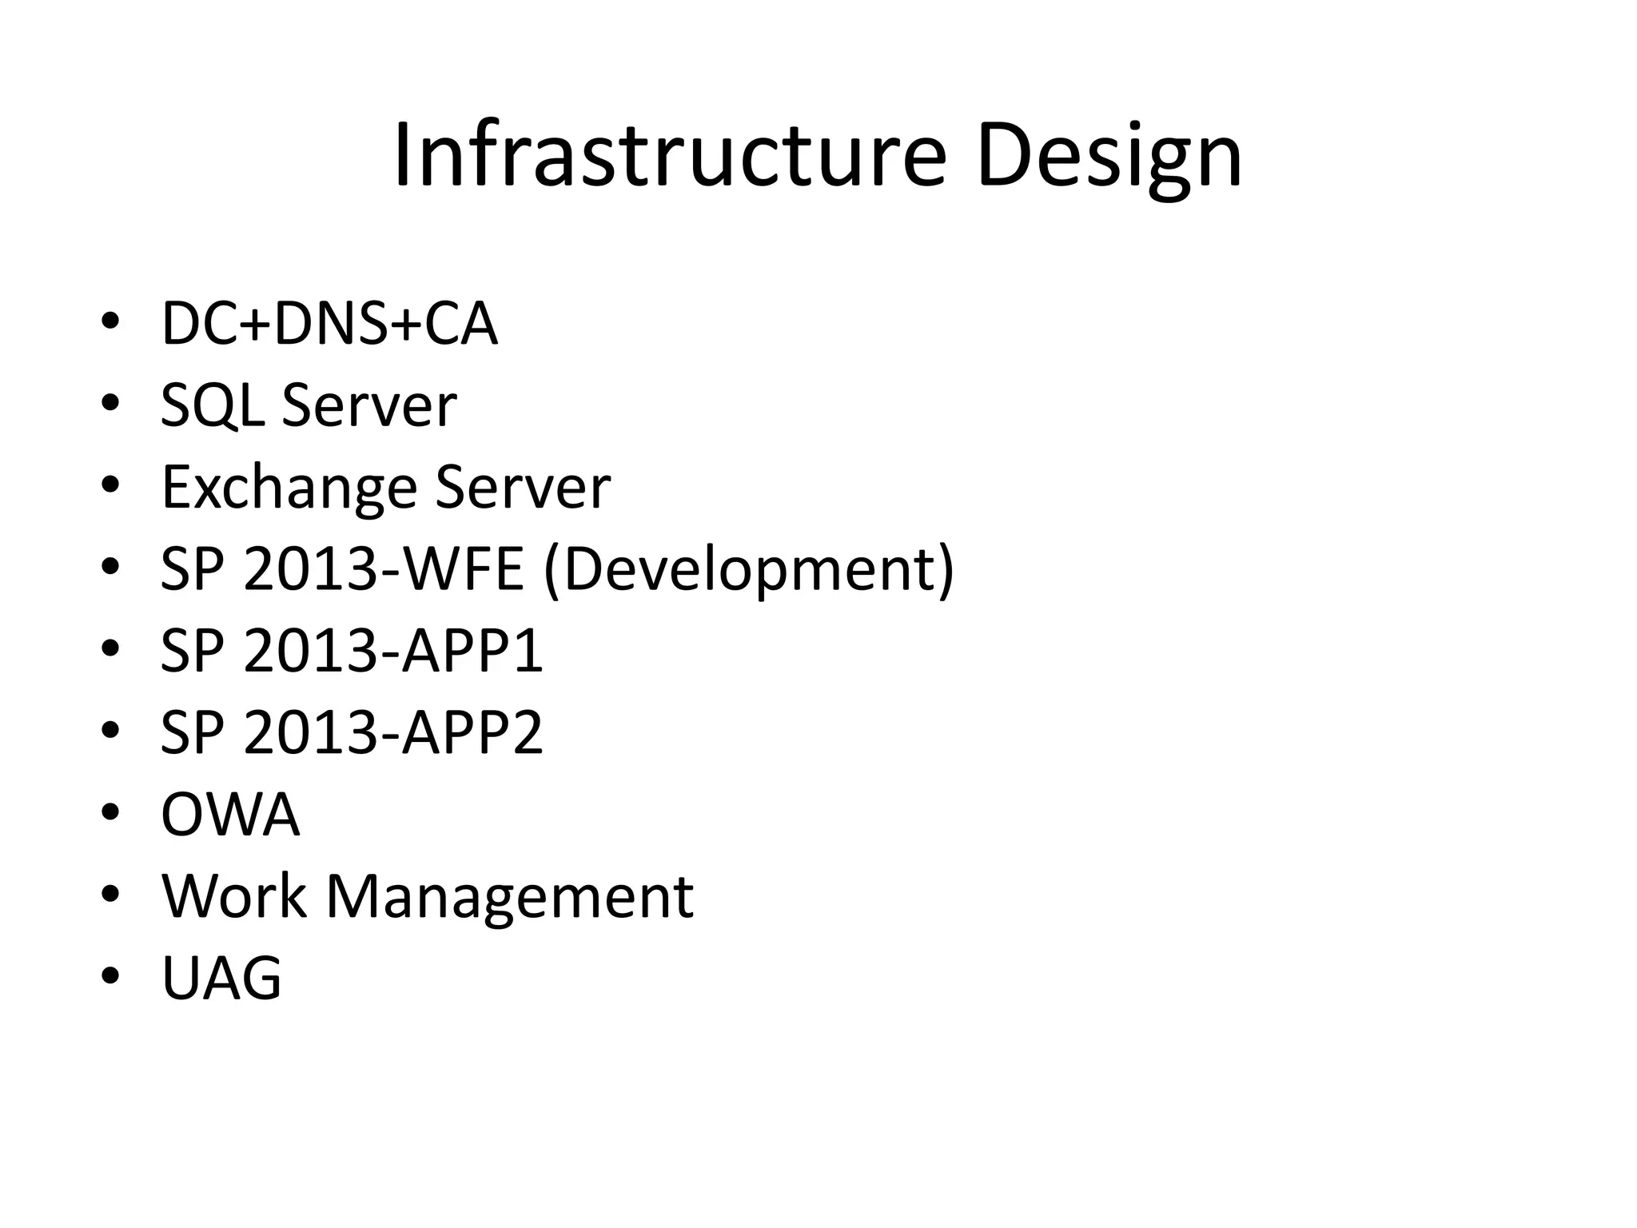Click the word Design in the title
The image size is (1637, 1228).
point(1109,157)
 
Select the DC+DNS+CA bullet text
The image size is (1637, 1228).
point(329,324)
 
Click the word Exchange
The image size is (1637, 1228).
point(289,488)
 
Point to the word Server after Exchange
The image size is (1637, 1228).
point(523,487)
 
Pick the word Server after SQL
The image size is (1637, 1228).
point(369,406)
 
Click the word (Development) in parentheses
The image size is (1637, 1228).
point(749,570)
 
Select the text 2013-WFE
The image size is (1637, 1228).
point(383,570)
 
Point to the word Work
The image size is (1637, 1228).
point(234,896)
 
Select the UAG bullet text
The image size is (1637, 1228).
point(221,978)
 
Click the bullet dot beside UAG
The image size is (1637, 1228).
point(110,976)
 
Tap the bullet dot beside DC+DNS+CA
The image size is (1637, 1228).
point(110,322)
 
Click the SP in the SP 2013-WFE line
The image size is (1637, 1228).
point(192,570)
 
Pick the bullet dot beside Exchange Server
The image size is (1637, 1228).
point(110,485)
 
